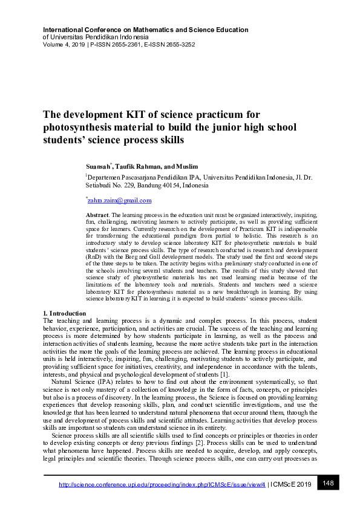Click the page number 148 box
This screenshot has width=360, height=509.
tap(329, 483)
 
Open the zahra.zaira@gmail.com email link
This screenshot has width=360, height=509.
tap(120, 200)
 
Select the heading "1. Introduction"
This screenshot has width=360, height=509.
tap(65, 313)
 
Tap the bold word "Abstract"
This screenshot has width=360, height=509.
tap(96, 215)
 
